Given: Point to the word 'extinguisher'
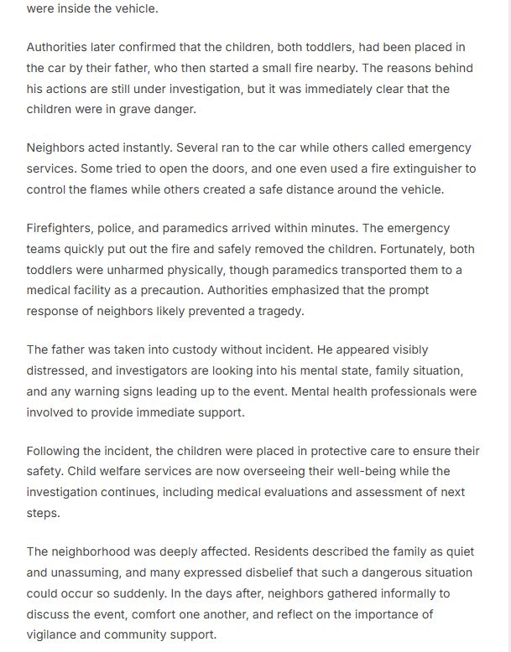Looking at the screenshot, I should click(425, 168).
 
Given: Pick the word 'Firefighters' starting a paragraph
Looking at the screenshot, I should click(60, 228).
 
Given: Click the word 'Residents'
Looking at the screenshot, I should click(282, 552).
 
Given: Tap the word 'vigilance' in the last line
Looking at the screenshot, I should click(53, 634).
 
